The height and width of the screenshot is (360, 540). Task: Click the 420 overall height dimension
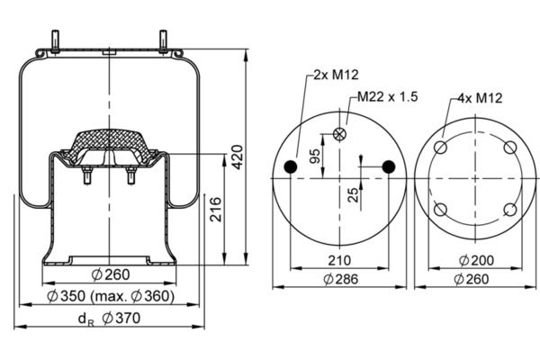point(238,157)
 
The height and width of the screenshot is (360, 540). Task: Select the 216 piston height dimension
point(216,209)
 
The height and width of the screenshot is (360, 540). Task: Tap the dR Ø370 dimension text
point(109,319)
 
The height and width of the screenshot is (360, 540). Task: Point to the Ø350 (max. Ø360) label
point(111,296)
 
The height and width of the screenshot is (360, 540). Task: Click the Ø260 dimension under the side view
point(111,274)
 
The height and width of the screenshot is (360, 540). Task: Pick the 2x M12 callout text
point(336,75)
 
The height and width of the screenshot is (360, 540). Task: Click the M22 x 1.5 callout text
point(387,97)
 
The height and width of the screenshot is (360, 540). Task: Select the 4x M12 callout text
point(480,98)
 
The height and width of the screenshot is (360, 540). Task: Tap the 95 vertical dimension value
point(315,156)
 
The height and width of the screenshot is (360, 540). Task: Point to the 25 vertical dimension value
point(353,194)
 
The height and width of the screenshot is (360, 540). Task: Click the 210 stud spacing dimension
point(339,260)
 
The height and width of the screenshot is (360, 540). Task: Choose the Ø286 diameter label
point(341,279)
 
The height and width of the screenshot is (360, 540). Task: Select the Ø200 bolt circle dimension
point(476,260)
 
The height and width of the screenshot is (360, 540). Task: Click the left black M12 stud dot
point(291,166)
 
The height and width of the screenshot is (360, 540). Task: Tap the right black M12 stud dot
point(389,166)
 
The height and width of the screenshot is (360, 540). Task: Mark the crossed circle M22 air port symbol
point(339,134)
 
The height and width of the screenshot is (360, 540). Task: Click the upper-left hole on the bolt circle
point(440,148)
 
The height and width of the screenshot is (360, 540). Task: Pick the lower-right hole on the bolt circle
point(510,210)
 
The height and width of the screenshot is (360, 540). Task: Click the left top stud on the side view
point(55,41)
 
